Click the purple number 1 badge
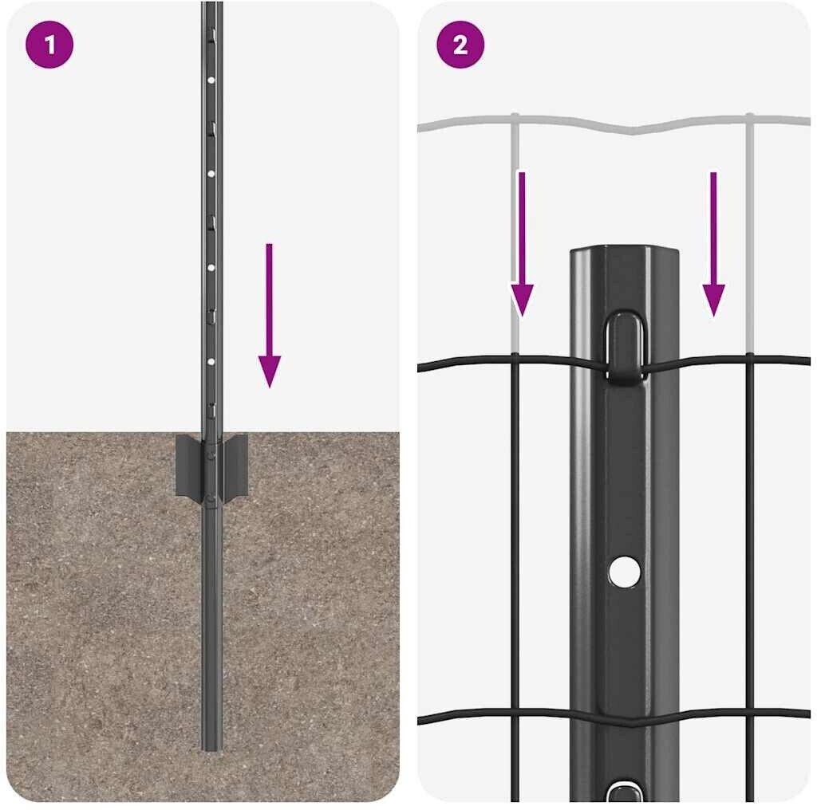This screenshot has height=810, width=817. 49,45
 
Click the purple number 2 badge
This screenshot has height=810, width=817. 460,45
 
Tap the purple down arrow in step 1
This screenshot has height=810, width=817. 270,315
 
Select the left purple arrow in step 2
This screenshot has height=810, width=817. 522,244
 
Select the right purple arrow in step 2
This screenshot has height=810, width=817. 714,244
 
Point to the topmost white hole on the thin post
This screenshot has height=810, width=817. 211,81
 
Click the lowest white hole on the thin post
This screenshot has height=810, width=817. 211,361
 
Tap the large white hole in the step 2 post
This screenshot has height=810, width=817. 624,572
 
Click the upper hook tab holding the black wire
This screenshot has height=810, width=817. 624,348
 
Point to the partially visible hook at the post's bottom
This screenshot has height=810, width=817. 624,792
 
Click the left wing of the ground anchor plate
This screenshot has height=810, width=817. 188,466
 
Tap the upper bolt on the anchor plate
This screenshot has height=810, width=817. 211,454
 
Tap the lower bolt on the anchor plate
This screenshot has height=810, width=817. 211,500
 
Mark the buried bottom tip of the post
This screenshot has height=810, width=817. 211,749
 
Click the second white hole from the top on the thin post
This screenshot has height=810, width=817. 211,174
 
